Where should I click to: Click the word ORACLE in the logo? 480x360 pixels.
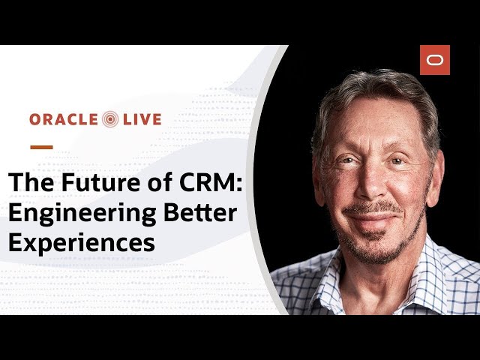tap(63, 119)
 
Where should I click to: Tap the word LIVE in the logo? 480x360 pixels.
tap(142, 119)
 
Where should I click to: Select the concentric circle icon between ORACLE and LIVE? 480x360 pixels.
tap(110, 119)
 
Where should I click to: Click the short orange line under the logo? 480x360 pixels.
tap(42, 147)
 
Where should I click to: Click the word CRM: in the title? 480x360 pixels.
tap(211, 181)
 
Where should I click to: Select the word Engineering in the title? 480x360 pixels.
tap(82, 214)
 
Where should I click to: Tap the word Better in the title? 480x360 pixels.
tap(200, 212)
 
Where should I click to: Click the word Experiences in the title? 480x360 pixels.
tap(82, 243)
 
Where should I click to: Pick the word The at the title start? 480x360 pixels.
tap(31, 181)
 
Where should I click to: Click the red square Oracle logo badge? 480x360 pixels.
tap(435, 60)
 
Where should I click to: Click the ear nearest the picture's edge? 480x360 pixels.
tap(436, 178)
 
